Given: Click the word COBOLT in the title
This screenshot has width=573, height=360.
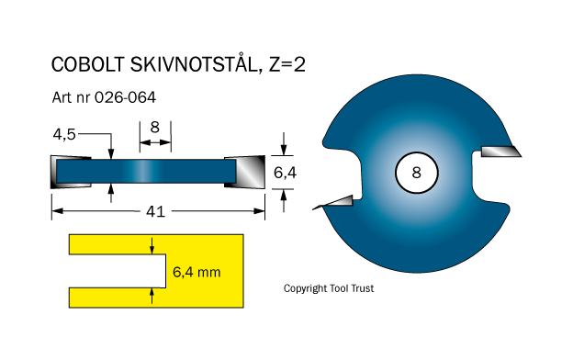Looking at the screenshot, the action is click(88, 64).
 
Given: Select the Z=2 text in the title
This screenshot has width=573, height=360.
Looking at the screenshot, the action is click(287, 64).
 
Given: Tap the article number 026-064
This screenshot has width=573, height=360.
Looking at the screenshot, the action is click(125, 97).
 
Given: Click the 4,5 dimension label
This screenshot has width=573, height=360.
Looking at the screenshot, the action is click(64, 134).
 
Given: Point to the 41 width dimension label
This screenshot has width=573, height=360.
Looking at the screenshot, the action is click(156, 211).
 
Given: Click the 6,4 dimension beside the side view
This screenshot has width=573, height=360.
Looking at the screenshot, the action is click(285, 173).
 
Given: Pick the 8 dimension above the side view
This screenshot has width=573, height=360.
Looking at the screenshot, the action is click(155, 128).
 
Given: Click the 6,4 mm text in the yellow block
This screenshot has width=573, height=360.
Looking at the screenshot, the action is click(197, 272).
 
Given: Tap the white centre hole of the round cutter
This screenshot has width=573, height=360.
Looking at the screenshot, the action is click(417, 173).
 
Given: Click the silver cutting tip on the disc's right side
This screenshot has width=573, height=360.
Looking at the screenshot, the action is click(500, 152).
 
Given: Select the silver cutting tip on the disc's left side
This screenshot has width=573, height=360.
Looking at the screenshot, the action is click(333, 202).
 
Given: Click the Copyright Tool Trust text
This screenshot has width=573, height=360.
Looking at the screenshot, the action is click(329, 288).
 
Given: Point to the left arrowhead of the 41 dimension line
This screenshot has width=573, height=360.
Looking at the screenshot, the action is click(57, 211).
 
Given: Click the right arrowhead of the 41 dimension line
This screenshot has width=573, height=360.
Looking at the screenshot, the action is click(259, 211).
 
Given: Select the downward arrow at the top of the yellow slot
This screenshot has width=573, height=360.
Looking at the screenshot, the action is click(152, 245).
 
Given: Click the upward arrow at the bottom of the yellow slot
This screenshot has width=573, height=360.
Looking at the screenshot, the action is click(152, 296).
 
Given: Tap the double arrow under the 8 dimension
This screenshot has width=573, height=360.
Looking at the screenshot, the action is click(155, 142).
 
